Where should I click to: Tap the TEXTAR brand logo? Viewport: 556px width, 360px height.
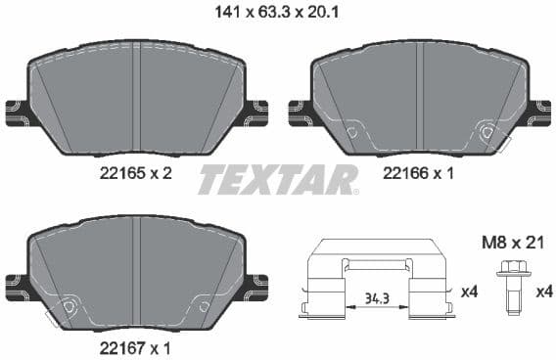(278, 181)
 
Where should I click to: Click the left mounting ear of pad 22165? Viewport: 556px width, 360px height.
(18, 112)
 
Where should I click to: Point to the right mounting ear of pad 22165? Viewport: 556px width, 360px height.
(256, 112)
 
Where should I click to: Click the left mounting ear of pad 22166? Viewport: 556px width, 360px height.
(300, 112)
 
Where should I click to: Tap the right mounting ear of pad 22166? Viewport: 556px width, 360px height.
(538, 112)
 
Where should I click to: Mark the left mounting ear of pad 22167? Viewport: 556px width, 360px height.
(18, 286)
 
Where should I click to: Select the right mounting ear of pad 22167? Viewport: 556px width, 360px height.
(256, 286)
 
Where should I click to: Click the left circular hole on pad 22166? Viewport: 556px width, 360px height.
(352, 130)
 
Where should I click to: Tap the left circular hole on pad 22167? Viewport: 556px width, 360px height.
(69, 305)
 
